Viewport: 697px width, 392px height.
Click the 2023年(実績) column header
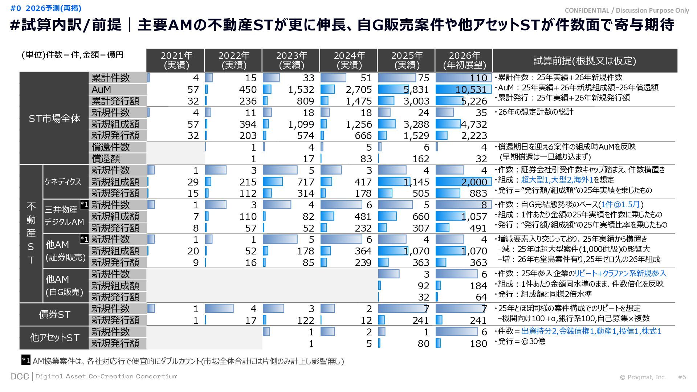tap(291, 60)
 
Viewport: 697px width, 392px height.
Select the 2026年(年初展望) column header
tap(464, 60)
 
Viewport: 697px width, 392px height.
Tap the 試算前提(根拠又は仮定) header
tap(584, 61)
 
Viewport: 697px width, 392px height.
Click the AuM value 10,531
tap(471, 90)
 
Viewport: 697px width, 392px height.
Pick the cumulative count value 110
tap(478, 78)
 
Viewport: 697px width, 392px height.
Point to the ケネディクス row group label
tap(63, 181)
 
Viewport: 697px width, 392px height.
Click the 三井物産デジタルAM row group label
tap(64, 216)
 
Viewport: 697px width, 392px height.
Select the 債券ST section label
tap(54, 314)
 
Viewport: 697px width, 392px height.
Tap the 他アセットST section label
tap(54, 338)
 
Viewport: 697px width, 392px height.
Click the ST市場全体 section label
tap(54, 118)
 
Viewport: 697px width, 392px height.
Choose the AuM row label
tap(101, 90)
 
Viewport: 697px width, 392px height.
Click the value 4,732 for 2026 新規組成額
tap(474, 124)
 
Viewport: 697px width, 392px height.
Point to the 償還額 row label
tap(106, 159)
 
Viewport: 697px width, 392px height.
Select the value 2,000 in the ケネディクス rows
tap(474, 182)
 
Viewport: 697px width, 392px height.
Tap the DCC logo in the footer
tap(20, 376)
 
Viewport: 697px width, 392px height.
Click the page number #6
tap(682, 377)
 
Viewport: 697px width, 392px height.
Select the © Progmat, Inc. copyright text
tap(643, 377)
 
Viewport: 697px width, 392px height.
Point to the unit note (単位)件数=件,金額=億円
tap(73, 55)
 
